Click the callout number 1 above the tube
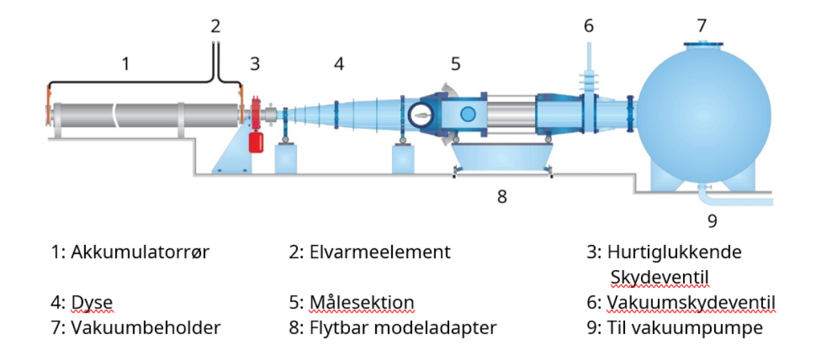(126, 64)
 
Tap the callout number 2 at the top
(216, 27)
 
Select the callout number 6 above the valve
(589, 26)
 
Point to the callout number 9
(712, 221)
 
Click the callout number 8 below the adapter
(502, 196)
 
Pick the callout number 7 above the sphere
(702, 26)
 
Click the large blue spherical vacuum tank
(703, 116)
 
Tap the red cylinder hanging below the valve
(256, 142)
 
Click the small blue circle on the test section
(468, 114)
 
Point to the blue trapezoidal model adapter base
(502, 158)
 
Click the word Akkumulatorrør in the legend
(140, 253)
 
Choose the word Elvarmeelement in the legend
(380, 252)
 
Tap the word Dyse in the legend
(92, 303)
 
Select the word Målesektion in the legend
(362, 302)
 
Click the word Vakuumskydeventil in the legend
(691, 302)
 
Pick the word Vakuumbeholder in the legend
(146, 328)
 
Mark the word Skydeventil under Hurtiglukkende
(660, 278)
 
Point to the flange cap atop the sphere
(703, 44)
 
